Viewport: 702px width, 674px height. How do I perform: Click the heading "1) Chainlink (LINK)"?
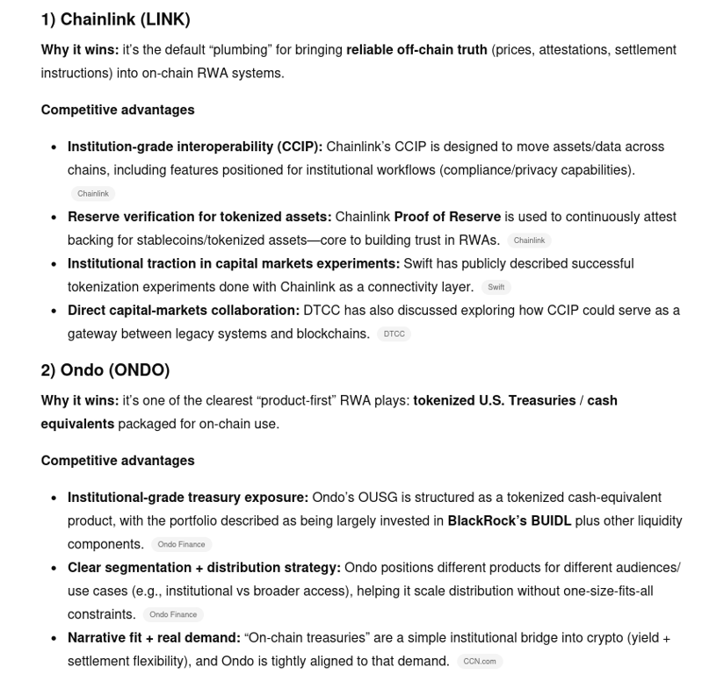pos(115,19)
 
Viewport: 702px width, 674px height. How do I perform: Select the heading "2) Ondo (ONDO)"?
pos(105,369)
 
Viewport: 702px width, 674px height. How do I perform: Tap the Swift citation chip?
pos(496,287)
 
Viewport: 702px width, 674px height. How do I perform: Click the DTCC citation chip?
pos(394,333)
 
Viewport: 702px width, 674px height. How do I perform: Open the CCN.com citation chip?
pos(480,661)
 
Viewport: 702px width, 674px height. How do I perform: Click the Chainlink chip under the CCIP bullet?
pos(92,193)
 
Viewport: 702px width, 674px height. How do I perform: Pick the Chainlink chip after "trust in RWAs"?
pos(529,240)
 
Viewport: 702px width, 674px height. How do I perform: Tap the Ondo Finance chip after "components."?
pos(181,544)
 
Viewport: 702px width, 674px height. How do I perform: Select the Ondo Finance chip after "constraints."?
pos(173,614)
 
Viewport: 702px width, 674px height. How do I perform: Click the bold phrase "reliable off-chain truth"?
pos(416,50)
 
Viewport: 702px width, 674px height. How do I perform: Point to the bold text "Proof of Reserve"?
pos(447,217)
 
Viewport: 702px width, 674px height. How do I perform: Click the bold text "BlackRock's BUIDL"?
pos(510,520)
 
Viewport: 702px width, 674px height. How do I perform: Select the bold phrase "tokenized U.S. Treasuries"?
pos(495,400)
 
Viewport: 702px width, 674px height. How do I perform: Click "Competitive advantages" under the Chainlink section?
pos(118,110)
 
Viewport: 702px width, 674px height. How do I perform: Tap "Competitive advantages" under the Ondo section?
pos(118,461)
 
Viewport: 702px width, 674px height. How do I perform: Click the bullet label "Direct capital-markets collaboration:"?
pos(184,310)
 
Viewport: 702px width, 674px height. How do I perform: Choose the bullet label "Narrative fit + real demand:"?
pos(154,637)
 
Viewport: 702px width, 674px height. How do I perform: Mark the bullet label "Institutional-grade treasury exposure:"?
pos(188,497)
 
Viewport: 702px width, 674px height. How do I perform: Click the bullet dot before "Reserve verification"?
pos(54,217)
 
